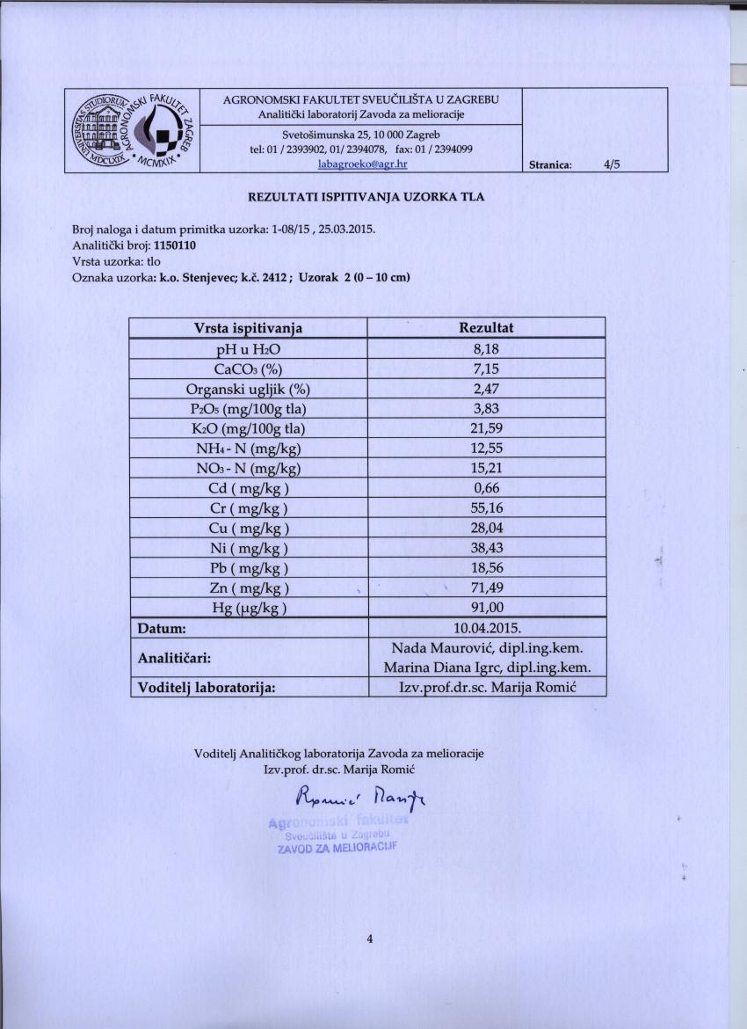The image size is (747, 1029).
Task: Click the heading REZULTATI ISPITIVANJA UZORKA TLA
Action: click(x=366, y=196)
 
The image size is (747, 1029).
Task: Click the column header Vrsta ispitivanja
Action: click(x=248, y=328)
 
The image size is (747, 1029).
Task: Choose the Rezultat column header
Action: click(x=486, y=328)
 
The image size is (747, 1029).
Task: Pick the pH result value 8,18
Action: click(x=486, y=348)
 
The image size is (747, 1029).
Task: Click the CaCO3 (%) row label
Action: click(x=248, y=369)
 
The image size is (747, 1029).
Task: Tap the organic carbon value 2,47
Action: click(x=486, y=388)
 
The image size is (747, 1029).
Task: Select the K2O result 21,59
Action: click(x=486, y=428)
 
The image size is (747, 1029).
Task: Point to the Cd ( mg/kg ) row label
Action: click(x=248, y=488)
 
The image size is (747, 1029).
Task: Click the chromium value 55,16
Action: click(x=486, y=508)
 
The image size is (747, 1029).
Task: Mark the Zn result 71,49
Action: click(x=486, y=587)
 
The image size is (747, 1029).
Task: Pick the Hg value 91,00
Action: click(x=486, y=608)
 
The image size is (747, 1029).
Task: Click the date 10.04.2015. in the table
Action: click(x=486, y=628)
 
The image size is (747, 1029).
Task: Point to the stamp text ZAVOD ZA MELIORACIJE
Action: click(x=337, y=850)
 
